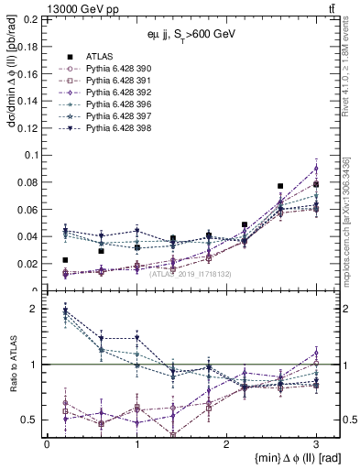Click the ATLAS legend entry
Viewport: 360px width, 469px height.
(x=99, y=57)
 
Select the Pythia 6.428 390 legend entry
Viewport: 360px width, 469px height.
(x=114, y=69)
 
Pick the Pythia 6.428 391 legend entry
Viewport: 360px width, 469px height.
(x=114, y=81)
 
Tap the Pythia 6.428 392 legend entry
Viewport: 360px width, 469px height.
(x=114, y=93)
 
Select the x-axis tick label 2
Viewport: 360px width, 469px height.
(x=226, y=442)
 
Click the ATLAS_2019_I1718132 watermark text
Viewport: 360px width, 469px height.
(x=177, y=274)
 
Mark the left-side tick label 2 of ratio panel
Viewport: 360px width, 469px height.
(x=35, y=310)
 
